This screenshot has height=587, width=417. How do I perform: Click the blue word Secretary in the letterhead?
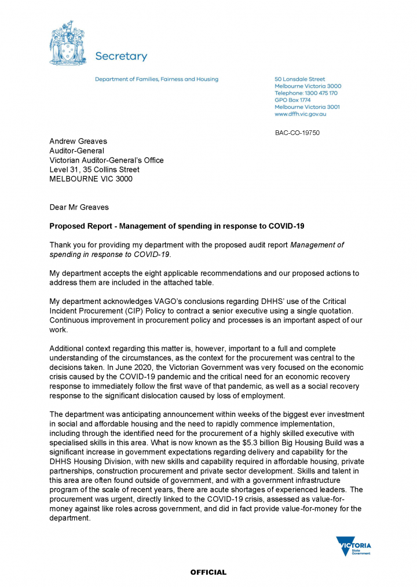(x=120, y=56)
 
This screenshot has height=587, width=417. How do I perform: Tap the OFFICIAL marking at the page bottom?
(x=209, y=573)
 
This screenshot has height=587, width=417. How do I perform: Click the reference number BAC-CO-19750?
(x=297, y=133)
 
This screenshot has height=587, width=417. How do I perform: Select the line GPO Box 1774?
(x=292, y=100)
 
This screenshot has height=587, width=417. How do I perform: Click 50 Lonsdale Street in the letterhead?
(x=299, y=79)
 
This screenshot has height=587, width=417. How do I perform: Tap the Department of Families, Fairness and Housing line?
(x=156, y=79)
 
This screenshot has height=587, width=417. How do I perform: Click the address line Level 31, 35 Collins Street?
(x=94, y=170)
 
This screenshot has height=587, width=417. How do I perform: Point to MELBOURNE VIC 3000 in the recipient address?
(x=91, y=179)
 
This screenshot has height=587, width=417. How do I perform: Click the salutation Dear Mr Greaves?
(x=79, y=207)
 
